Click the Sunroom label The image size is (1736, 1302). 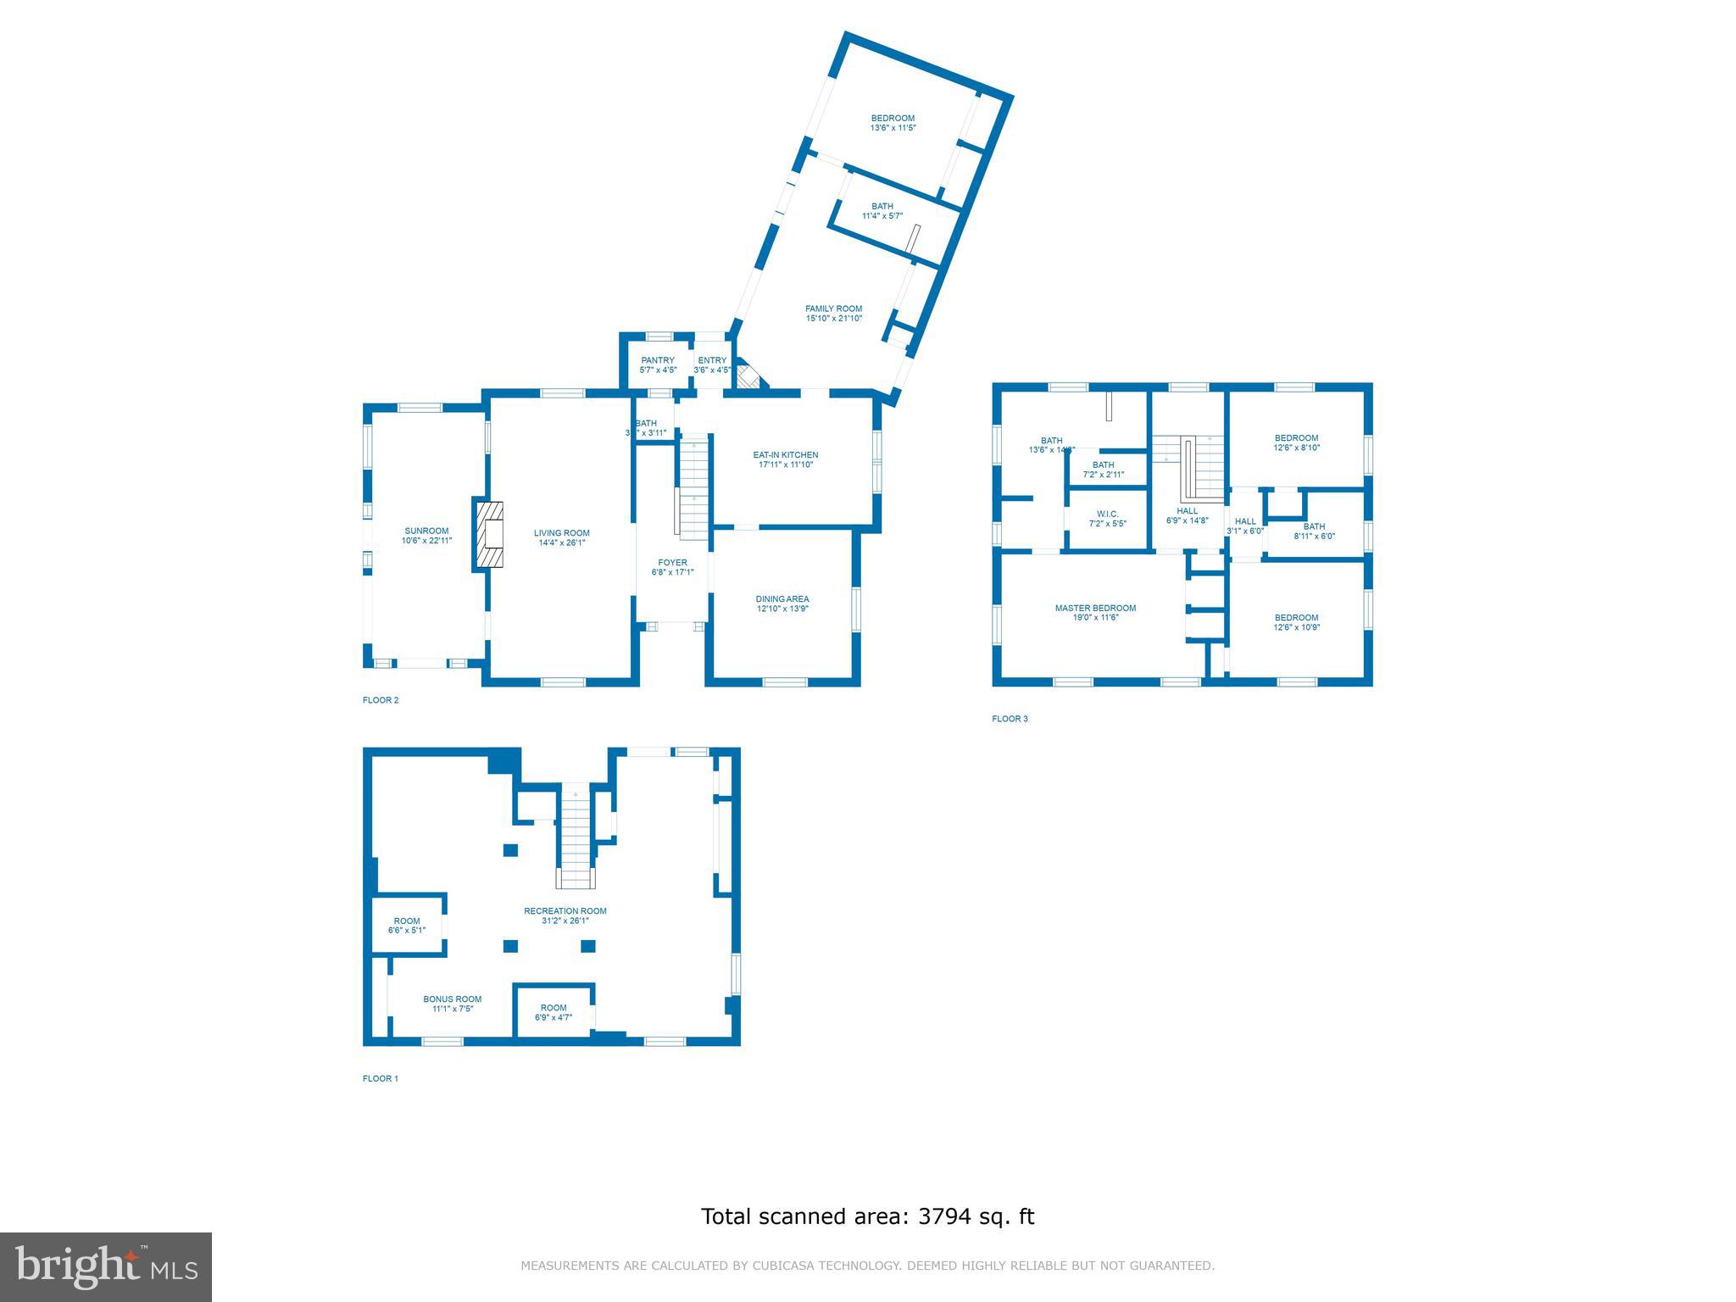pyautogui.click(x=426, y=536)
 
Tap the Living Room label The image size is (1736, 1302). pyautogui.click(x=561, y=538)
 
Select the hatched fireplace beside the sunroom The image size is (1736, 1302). pyautogui.click(x=489, y=534)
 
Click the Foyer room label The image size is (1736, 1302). pyautogui.click(x=672, y=567)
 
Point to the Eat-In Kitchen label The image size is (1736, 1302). pyautogui.click(x=785, y=459)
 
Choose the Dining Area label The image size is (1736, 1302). pyautogui.click(x=782, y=604)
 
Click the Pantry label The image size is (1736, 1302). pyautogui.click(x=658, y=364)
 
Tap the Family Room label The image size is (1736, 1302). pyautogui.click(x=833, y=314)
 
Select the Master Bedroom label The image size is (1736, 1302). pyautogui.click(x=1095, y=612)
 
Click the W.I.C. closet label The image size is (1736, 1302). pyautogui.click(x=1107, y=519)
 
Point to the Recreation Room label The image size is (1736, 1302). pyautogui.click(x=565, y=915)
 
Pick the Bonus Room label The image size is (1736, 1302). pyautogui.click(x=452, y=1004)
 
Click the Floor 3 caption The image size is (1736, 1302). pyautogui.click(x=1010, y=719)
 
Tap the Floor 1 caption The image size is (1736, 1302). pyautogui.click(x=380, y=1078)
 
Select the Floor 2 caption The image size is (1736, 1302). pyautogui.click(x=380, y=700)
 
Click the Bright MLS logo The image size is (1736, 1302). pyautogui.click(x=106, y=1266)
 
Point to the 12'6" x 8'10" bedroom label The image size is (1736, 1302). pyautogui.click(x=1296, y=442)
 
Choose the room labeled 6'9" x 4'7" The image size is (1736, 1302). pyautogui.click(x=554, y=1012)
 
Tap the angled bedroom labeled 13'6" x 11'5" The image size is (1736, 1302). pyautogui.click(x=893, y=123)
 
